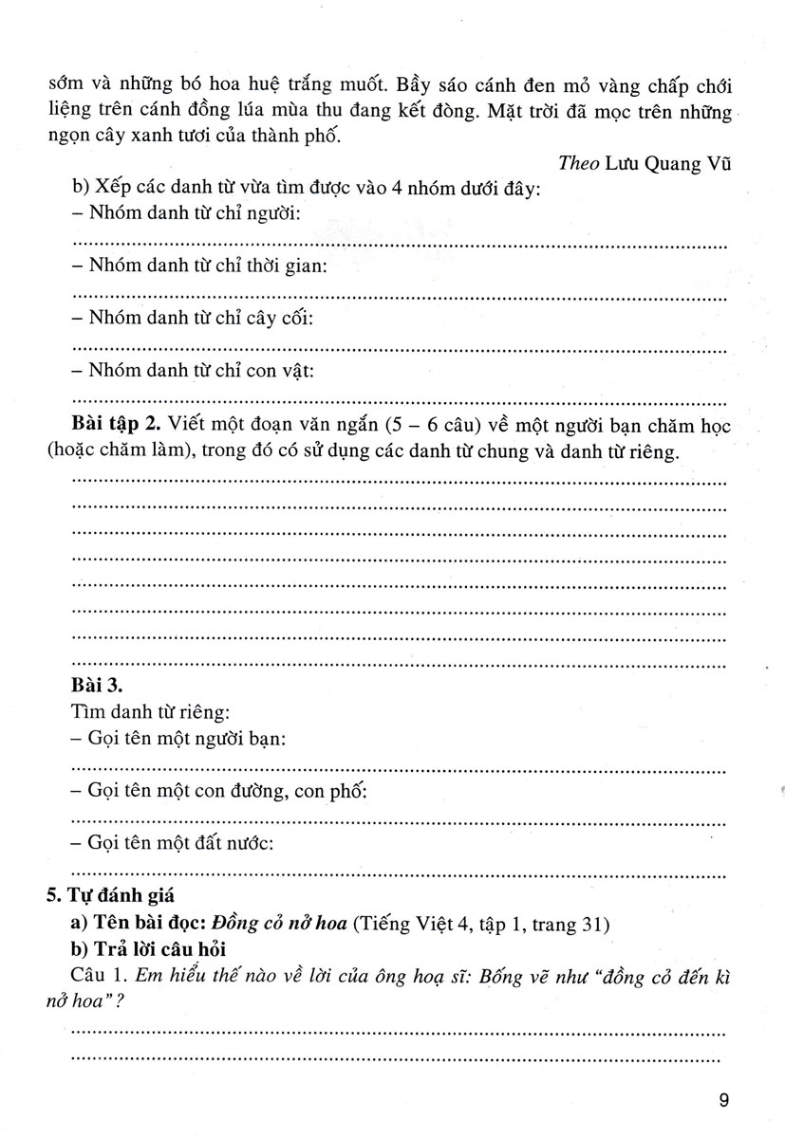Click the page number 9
tap(724, 1100)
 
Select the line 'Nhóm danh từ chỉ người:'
tap(186, 215)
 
